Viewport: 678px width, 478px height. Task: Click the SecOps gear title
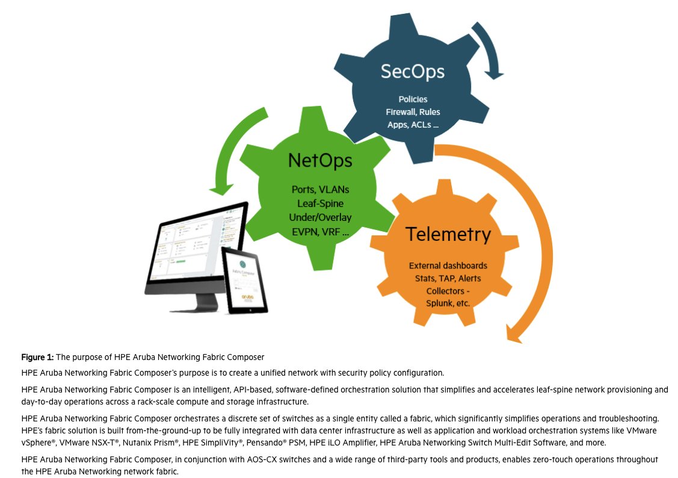tap(412, 71)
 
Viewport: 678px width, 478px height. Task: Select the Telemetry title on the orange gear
tap(448, 234)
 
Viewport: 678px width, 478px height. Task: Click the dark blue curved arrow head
tap(495, 72)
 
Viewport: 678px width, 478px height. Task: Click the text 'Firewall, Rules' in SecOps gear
tap(412, 111)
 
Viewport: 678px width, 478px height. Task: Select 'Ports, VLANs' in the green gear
tap(319, 190)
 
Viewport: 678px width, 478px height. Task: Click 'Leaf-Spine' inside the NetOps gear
tap(319, 203)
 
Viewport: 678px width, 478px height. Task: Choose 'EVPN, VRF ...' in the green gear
tap(319, 230)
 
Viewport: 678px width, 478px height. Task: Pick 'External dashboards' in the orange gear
tap(448, 265)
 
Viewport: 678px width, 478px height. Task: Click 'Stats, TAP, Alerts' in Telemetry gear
tap(448, 278)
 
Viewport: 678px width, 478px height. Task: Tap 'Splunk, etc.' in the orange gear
tap(448, 303)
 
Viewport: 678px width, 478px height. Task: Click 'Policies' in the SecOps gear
tap(412, 99)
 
